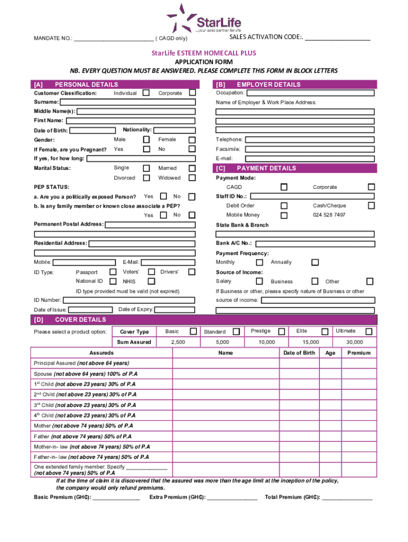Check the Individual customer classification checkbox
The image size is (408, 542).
(x=146, y=93)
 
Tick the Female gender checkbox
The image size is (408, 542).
(x=192, y=139)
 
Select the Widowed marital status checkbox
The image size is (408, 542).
(x=192, y=178)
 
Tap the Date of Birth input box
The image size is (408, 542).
(x=92, y=131)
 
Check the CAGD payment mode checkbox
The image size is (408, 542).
(x=284, y=187)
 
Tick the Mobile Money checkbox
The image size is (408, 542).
(x=284, y=215)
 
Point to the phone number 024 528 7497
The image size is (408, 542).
(x=329, y=215)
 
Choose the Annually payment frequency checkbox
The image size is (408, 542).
(x=315, y=263)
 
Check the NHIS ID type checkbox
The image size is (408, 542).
(x=152, y=282)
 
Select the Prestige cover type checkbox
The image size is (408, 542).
(x=282, y=332)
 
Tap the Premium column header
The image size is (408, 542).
(x=359, y=353)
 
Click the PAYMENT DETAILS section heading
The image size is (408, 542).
(x=266, y=168)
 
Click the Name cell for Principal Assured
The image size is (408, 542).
(x=225, y=364)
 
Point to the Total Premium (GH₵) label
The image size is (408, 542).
(x=292, y=498)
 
